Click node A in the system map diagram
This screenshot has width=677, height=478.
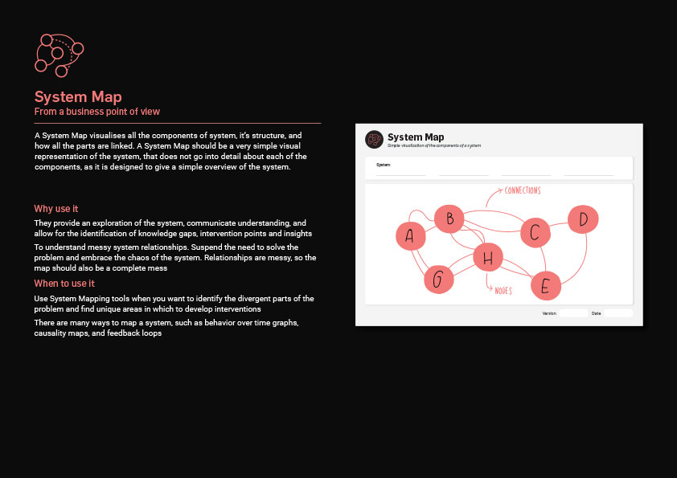[x=411, y=235]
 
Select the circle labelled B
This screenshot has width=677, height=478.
[x=449, y=218]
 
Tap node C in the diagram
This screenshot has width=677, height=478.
[x=535, y=233]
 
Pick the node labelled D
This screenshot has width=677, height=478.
[x=584, y=219]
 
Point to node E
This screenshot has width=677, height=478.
[x=545, y=285]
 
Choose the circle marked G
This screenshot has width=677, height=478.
[x=438, y=280]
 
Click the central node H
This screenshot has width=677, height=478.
[x=487, y=258]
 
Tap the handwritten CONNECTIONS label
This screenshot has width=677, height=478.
[x=522, y=190]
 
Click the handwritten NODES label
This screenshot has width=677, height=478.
[x=503, y=290]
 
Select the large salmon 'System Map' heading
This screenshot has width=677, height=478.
[x=78, y=97]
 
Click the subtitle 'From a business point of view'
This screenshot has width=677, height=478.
[x=96, y=112]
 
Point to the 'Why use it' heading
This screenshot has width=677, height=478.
[x=55, y=209]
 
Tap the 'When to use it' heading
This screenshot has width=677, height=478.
[x=64, y=284]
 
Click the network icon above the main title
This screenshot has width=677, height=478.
[x=59, y=55]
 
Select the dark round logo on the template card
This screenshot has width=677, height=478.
[x=374, y=140]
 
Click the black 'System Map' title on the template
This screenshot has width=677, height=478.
[x=416, y=137]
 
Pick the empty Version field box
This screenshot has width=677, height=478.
[x=573, y=313]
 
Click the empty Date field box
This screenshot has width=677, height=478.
[x=618, y=313]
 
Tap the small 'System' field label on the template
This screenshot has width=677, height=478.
[x=383, y=165]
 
